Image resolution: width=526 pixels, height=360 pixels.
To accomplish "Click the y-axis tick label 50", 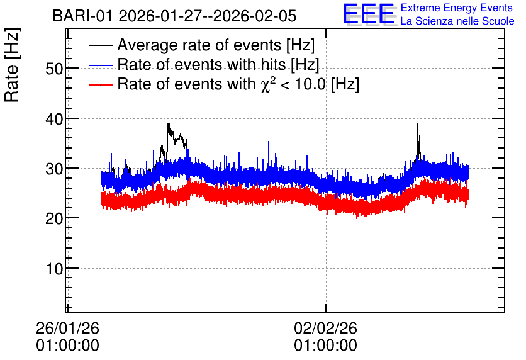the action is coord(54,69).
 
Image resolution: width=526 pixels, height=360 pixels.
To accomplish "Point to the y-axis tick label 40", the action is coord(54,119).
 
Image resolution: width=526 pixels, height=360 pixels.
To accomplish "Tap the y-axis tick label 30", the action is coord(54,169).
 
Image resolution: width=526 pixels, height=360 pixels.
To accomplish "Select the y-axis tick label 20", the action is coord(54,219).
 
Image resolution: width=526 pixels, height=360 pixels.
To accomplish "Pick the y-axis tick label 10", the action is coord(55,269).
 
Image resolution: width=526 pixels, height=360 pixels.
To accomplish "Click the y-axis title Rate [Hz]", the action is coord(12,65).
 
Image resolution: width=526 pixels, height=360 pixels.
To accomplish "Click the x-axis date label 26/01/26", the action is coord(67,328).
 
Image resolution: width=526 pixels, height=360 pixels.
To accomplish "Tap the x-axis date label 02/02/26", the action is coord(325,328).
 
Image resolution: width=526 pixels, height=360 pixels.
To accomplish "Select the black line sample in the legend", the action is coord(100,45).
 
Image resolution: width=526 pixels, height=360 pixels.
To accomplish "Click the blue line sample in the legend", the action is coord(100,65).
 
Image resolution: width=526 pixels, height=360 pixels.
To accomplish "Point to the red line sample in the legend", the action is coord(100,84).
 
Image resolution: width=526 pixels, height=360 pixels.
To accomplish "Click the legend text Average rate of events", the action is coord(199,45).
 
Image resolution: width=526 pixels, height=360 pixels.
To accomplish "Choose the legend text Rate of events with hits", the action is coord(201,64).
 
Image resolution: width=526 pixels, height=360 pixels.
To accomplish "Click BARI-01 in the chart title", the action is coord(82,16).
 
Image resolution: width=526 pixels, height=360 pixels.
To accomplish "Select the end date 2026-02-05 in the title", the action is coord(255,16).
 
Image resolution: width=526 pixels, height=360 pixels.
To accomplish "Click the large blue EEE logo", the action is coord(368,14).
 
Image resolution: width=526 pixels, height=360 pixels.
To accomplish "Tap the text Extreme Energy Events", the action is coord(457,8).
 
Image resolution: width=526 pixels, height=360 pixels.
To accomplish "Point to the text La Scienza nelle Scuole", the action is coord(457,21).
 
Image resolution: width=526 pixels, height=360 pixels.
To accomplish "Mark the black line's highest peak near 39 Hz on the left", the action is coord(169,123).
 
